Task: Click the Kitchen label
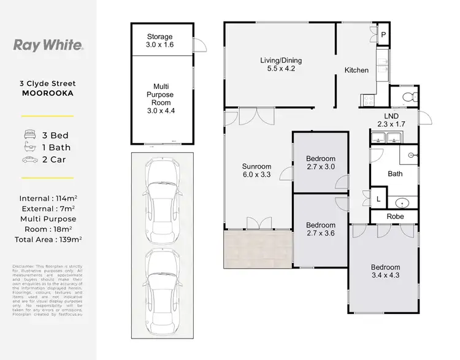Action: pos(356,71)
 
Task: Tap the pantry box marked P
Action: pos(383,34)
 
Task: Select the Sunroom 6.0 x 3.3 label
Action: pos(256,170)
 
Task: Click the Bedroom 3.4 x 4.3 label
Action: pos(385,272)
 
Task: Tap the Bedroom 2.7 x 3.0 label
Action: pos(321,163)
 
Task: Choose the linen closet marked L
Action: pos(378,199)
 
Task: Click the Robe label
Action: pos(395,216)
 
